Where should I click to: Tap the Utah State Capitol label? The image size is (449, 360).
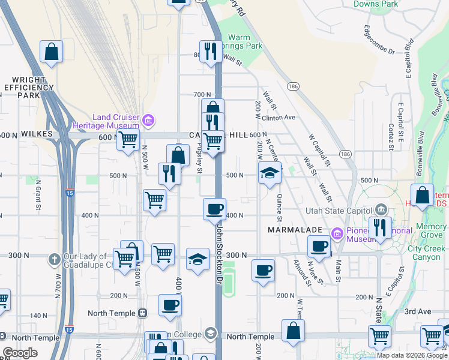[339, 210]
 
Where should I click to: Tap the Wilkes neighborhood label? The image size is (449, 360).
[37, 135]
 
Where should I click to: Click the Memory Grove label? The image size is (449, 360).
[431, 231]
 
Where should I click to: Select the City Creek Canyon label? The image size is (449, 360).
[427, 253]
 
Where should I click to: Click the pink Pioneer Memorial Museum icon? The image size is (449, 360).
[337, 233]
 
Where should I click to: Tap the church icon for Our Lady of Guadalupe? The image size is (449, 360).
[53, 260]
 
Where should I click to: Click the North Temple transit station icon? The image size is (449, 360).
[143, 313]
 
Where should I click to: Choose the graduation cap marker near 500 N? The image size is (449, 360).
[270, 174]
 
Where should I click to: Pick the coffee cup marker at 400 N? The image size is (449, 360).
[214, 209]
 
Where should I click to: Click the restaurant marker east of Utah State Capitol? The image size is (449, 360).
[380, 227]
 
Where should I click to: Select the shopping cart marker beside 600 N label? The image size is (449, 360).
[127, 140]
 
